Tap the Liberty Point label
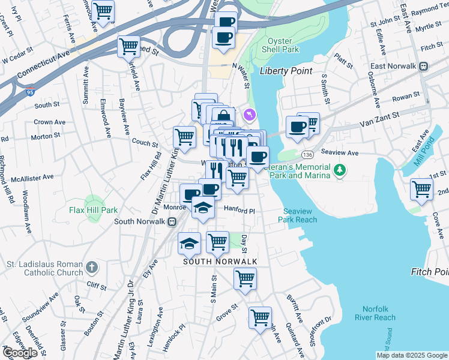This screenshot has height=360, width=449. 286,71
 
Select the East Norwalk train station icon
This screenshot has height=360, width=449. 423,66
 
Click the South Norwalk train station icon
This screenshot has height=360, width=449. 172,221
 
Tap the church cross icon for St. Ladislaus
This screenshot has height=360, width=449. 91,266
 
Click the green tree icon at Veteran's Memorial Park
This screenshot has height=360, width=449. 340,171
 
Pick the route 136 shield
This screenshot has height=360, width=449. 307,154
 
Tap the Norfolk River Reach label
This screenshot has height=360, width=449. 375,313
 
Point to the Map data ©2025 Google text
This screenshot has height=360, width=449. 411,355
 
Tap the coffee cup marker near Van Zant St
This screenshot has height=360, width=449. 298,126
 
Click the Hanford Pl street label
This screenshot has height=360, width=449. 240,211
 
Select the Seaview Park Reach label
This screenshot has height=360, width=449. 297,215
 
